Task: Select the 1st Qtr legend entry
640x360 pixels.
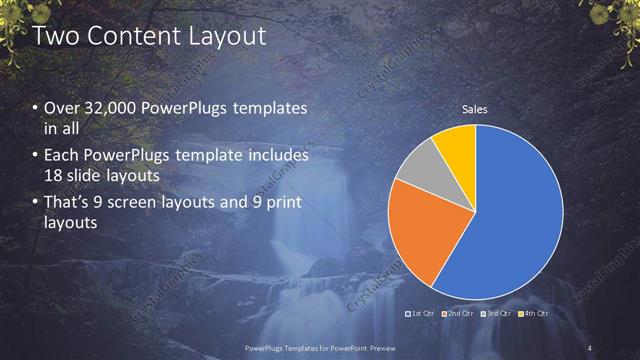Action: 422,314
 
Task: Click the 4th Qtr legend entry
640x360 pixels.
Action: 533,314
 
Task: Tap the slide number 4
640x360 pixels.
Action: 590,347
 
